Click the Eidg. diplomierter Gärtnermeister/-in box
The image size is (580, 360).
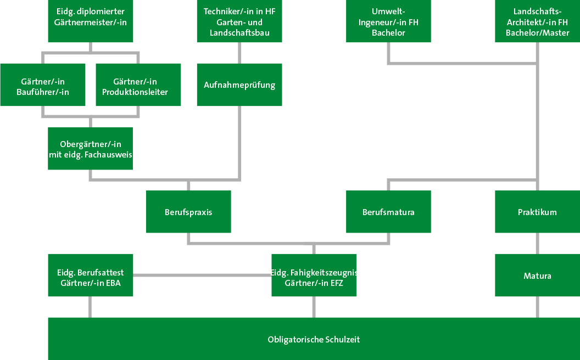90,21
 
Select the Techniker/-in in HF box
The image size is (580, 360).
239,21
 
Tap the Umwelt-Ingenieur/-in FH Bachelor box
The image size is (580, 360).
388,21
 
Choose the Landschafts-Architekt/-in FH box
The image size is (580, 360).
537,21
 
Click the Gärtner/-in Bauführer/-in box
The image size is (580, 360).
43,85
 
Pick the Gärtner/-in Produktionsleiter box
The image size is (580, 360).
138,85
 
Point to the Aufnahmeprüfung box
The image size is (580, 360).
239,85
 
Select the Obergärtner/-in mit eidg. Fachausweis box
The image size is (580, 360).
90,149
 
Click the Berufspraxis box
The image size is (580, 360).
188,212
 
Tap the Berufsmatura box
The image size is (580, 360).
388,212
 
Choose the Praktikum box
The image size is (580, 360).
537,212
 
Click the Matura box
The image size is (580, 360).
537,275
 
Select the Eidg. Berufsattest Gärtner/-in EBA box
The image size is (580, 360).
90,275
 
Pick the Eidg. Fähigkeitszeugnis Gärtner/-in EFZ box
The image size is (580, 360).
314,275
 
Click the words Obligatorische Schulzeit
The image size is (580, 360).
314,340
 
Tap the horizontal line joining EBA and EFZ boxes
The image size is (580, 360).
202,275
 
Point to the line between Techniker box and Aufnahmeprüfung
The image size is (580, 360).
239,53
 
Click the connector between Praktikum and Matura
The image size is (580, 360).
537,243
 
